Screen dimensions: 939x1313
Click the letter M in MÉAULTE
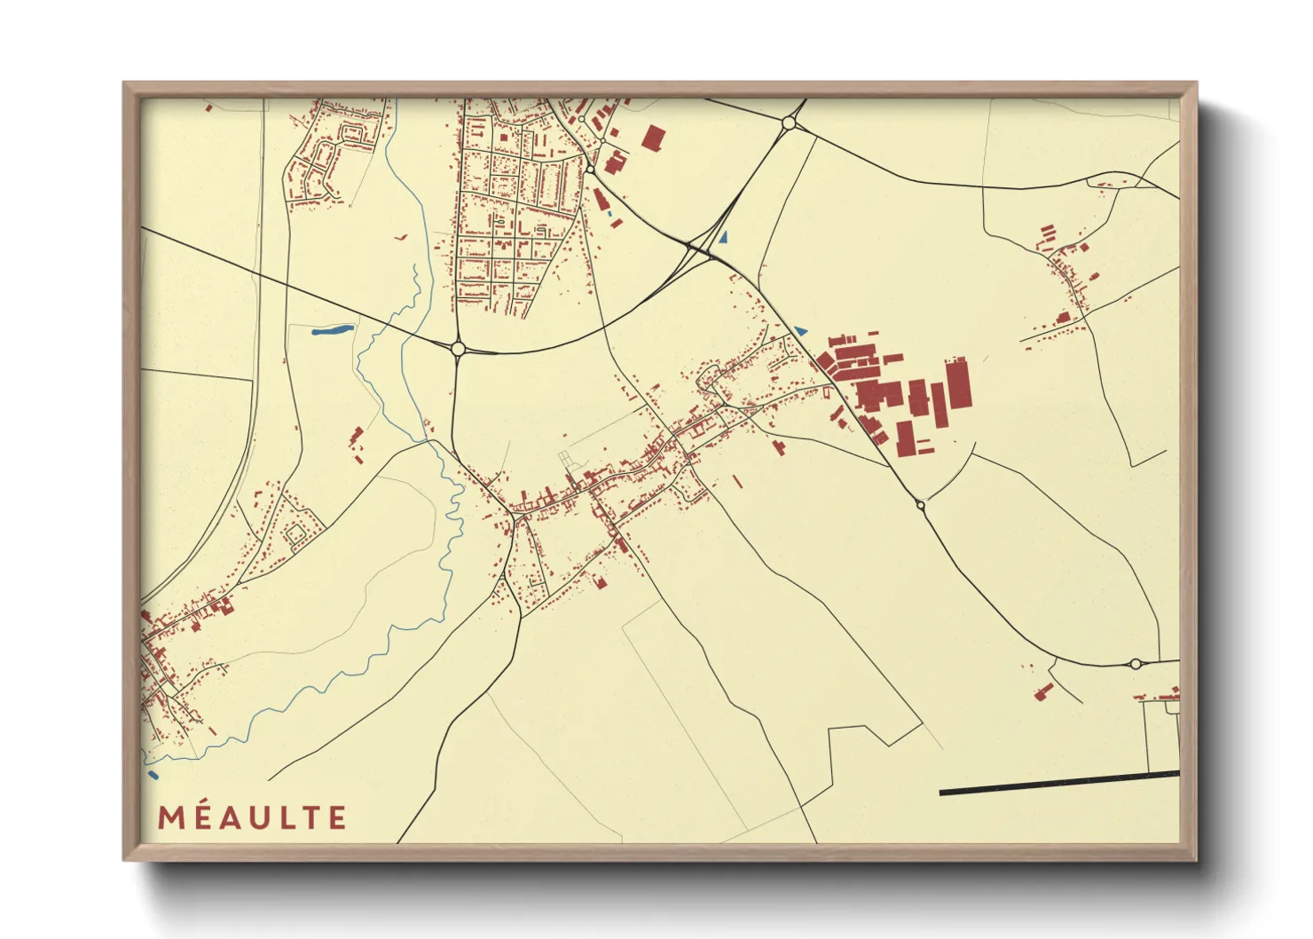[x=170, y=817]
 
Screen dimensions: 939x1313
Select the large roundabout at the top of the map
[x=788, y=124]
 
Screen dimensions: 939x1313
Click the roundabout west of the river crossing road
[x=458, y=349]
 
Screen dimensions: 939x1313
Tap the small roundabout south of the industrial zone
[x=921, y=505]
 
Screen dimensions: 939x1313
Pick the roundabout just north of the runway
[x=1135, y=663]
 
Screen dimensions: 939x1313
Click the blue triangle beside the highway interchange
[x=724, y=237]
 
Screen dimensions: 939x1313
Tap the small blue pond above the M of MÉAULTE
[x=153, y=775]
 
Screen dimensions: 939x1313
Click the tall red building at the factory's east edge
[x=958, y=383]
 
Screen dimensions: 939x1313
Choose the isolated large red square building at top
[x=654, y=138]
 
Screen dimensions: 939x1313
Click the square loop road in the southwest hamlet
[x=295, y=533]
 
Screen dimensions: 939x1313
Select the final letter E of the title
[x=338, y=817]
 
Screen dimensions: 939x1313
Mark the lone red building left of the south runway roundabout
[x=1042, y=691]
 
